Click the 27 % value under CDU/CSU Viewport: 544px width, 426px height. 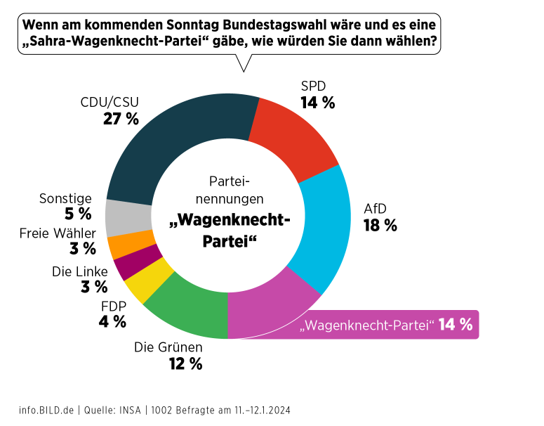click(121, 119)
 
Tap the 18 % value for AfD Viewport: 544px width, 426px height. click(380, 226)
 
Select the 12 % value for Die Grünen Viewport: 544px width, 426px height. click(185, 363)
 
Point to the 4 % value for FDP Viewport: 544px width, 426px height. click(112, 322)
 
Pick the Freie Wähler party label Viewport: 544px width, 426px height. click(58, 233)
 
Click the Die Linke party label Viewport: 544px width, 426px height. click(80, 271)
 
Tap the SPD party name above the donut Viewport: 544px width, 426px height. click(314, 86)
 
